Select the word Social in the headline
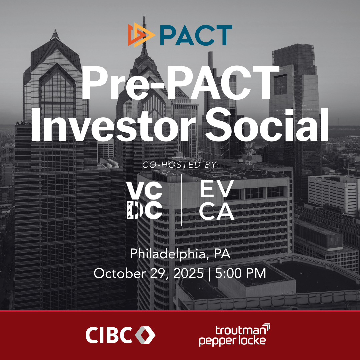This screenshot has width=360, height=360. (267, 125)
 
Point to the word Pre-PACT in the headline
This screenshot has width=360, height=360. (180, 83)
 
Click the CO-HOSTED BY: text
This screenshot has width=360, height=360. (180, 165)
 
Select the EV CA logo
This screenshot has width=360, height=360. (217, 200)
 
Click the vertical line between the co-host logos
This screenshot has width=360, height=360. (182, 200)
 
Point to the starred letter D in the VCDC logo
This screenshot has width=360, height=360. (133, 210)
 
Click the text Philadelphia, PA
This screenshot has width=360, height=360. (180, 254)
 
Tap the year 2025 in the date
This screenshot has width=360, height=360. (188, 273)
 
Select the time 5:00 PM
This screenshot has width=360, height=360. (241, 273)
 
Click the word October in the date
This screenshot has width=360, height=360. (119, 273)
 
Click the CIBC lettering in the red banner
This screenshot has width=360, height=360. (109, 335)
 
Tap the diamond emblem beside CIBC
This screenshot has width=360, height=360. (145, 335)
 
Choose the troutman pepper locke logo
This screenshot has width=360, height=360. (234, 335)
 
